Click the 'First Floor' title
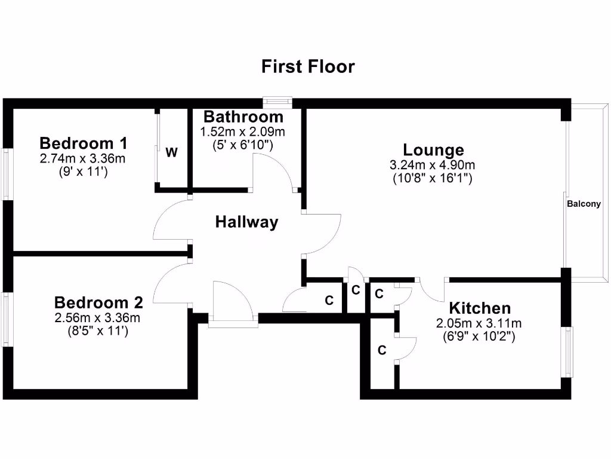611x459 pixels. click(308, 66)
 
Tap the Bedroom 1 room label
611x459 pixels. click(84, 143)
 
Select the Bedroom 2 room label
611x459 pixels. click(98, 302)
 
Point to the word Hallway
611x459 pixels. click(246, 222)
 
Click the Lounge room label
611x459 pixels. click(433, 150)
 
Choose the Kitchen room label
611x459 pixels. click(480, 308)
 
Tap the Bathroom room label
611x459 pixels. click(243, 117)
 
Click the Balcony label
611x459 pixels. click(584, 204)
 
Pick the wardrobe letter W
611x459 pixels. click(171, 152)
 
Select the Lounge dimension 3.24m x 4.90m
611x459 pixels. click(433, 165)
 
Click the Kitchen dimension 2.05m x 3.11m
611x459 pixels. click(479, 323)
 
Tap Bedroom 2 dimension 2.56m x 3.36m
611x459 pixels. click(98, 317)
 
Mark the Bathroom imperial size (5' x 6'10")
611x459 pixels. click(242, 144)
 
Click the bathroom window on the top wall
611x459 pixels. click(278, 102)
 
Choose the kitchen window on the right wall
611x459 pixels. click(567, 351)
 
